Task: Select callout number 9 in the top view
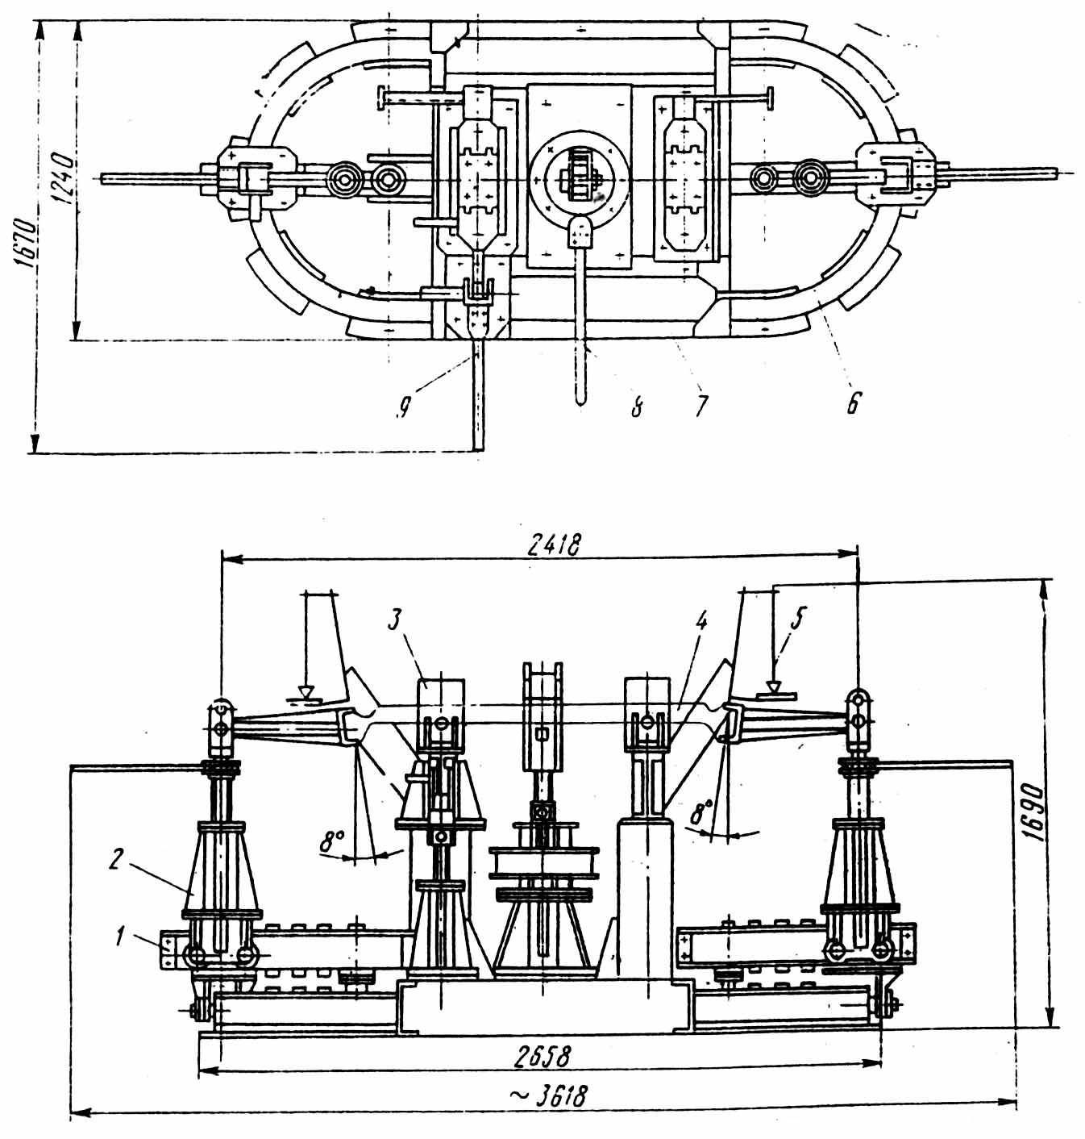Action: coord(404,411)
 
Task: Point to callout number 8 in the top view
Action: coord(637,407)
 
